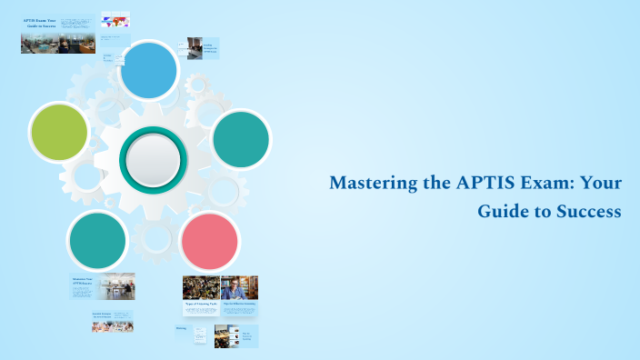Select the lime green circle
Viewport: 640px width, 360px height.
point(59,132)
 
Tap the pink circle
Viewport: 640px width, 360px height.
point(210,241)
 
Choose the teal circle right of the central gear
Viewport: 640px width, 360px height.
point(241,139)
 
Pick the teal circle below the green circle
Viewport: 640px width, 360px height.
point(96,240)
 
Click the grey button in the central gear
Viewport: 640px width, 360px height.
point(153,157)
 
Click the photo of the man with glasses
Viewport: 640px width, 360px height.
point(240,287)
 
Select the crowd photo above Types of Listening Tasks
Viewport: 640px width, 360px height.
point(201,287)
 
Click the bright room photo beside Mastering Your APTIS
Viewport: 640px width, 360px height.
point(116,285)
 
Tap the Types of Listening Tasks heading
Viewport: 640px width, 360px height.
point(201,304)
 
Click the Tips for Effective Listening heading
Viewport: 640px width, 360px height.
point(240,304)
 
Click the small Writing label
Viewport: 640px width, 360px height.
point(182,328)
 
